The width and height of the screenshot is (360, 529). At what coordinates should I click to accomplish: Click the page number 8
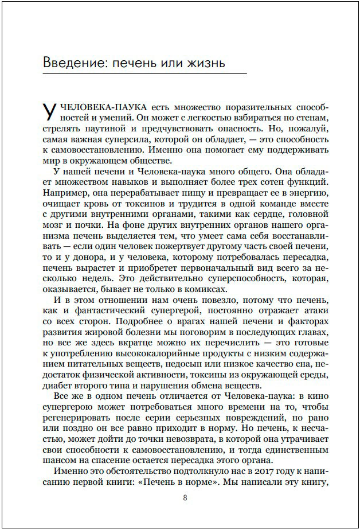(185, 497)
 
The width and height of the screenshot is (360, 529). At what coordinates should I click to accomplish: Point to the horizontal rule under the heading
(144, 74)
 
